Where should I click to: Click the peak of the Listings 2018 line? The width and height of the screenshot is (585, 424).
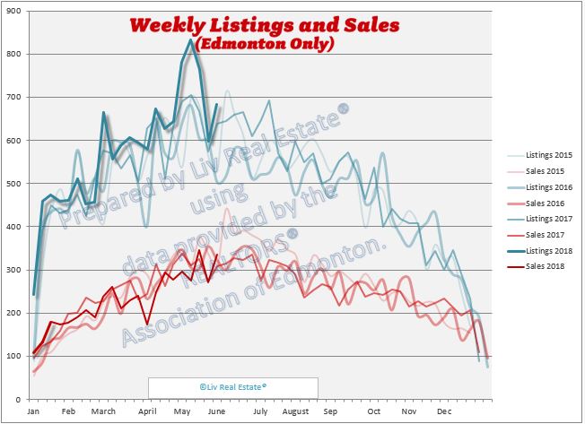[x=190, y=39]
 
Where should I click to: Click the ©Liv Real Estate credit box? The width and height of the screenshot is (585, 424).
[x=232, y=387]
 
